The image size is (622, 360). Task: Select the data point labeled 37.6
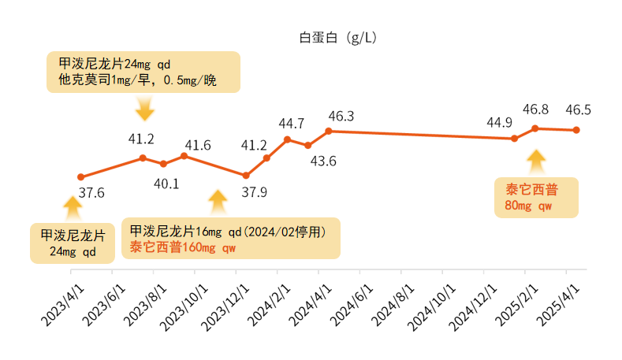pyautogui.click(x=80, y=176)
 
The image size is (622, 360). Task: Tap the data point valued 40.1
pyautogui.click(x=163, y=164)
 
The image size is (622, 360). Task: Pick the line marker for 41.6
pyautogui.click(x=184, y=156)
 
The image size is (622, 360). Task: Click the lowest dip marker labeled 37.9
pyautogui.click(x=246, y=176)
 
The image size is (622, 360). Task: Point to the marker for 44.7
pyautogui.click(x=287, y=139)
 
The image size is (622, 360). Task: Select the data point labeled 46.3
pyautogui.click(x=329, y=131)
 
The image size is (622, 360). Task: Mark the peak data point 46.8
pyautogui.click(x=535, y=128)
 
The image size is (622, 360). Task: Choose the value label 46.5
pyautogui.click(x=579, y=110)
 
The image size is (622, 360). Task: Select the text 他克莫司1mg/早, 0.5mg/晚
pyautogui.click(x=143, y=80)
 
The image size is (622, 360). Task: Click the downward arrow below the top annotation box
pyautogui.click(x=144, y=108)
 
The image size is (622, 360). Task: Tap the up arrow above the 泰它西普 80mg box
pyautogui.click(x=536, y=161)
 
